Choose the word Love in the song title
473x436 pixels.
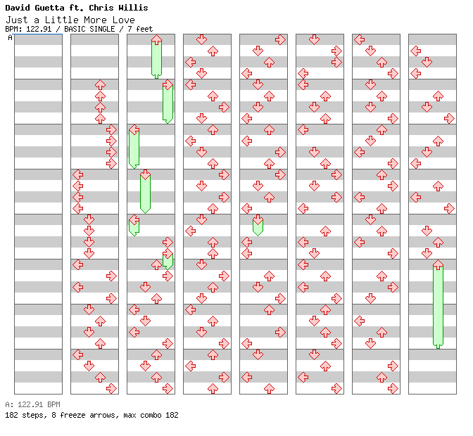124,20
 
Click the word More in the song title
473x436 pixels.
96,20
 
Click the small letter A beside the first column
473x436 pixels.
10,38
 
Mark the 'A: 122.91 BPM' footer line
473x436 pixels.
32,405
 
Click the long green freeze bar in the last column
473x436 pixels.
438,306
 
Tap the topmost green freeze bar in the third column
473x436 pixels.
156,58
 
